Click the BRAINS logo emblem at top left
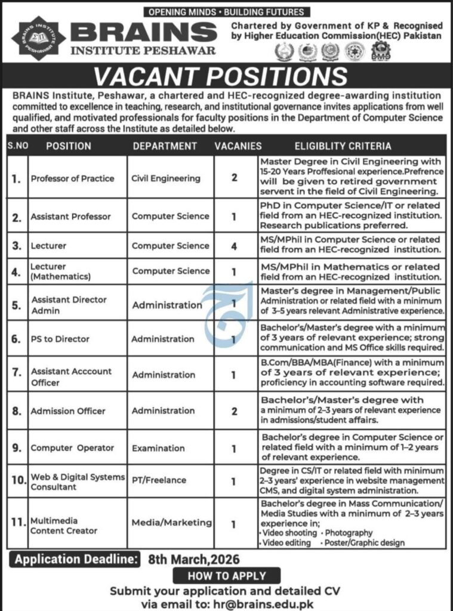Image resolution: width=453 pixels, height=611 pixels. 39,36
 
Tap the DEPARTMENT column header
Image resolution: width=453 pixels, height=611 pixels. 165,146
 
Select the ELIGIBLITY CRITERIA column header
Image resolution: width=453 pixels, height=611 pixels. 343,146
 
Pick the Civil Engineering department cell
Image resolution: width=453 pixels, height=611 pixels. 166,178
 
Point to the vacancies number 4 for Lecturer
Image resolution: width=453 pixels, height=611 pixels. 234,245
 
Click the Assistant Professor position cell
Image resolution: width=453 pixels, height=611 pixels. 71,217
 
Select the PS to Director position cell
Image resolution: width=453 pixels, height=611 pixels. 60,339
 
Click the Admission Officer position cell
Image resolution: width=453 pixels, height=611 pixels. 68,411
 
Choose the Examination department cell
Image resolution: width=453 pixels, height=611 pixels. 158,448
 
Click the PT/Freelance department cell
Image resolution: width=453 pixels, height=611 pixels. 159,480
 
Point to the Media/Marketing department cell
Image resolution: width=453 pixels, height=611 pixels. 172,523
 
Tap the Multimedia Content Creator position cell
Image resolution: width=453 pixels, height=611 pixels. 64,526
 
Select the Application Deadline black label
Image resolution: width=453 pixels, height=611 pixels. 76,560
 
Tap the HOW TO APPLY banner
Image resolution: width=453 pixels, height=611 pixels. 226,576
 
